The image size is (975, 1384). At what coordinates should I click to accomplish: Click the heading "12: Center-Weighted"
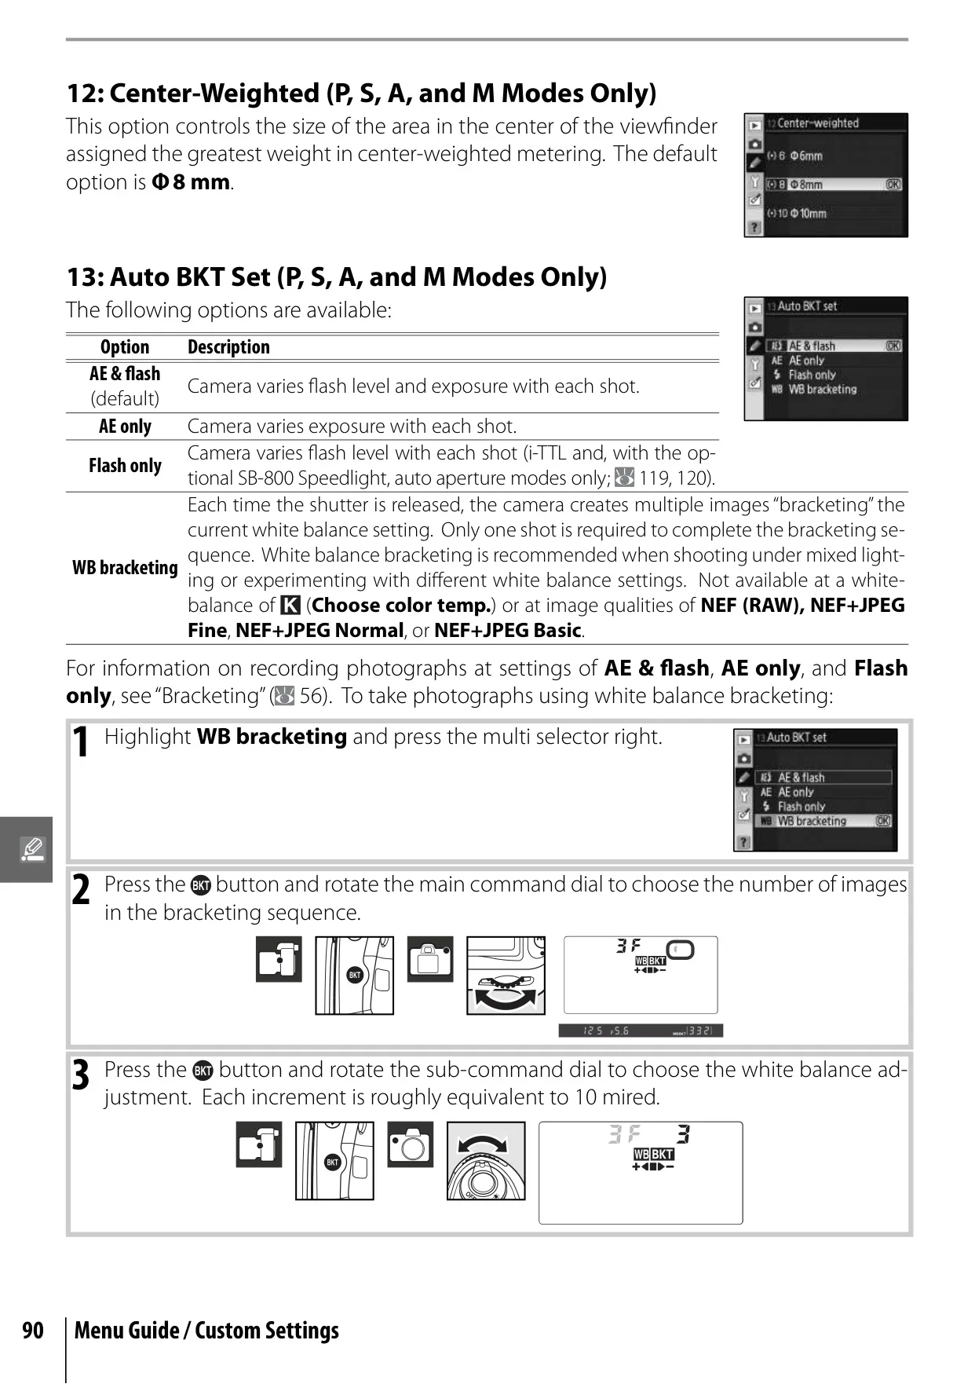[x=193, y=93]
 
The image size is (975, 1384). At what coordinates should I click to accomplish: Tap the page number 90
[x=33, y=1330]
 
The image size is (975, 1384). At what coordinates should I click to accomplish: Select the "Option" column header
[x=125, y=347]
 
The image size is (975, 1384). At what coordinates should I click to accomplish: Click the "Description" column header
[x=228, y=347]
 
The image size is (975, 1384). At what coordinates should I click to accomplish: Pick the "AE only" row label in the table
[x=125, y=427]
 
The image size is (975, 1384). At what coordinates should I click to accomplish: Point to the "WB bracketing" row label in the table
[x=125, y=567]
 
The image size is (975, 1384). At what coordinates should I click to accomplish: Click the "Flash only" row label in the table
[x=125, y=466]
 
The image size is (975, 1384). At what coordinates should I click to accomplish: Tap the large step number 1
[x=80, y=743]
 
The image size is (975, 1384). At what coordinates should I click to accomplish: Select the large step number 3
[x=80, y=1075]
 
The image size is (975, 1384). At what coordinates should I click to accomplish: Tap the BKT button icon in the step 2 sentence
[x=201, y=885]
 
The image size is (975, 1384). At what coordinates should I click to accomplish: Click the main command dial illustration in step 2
[x=506, y=975]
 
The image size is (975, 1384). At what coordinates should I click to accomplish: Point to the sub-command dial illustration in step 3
[x=486, y=1161]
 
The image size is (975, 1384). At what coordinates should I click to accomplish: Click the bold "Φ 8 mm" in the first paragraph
[x=191, y=182]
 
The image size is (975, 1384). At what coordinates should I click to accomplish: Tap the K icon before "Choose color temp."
[x=290, y=606]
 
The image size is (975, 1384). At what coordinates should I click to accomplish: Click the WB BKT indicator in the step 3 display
[x=654, y=1154]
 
